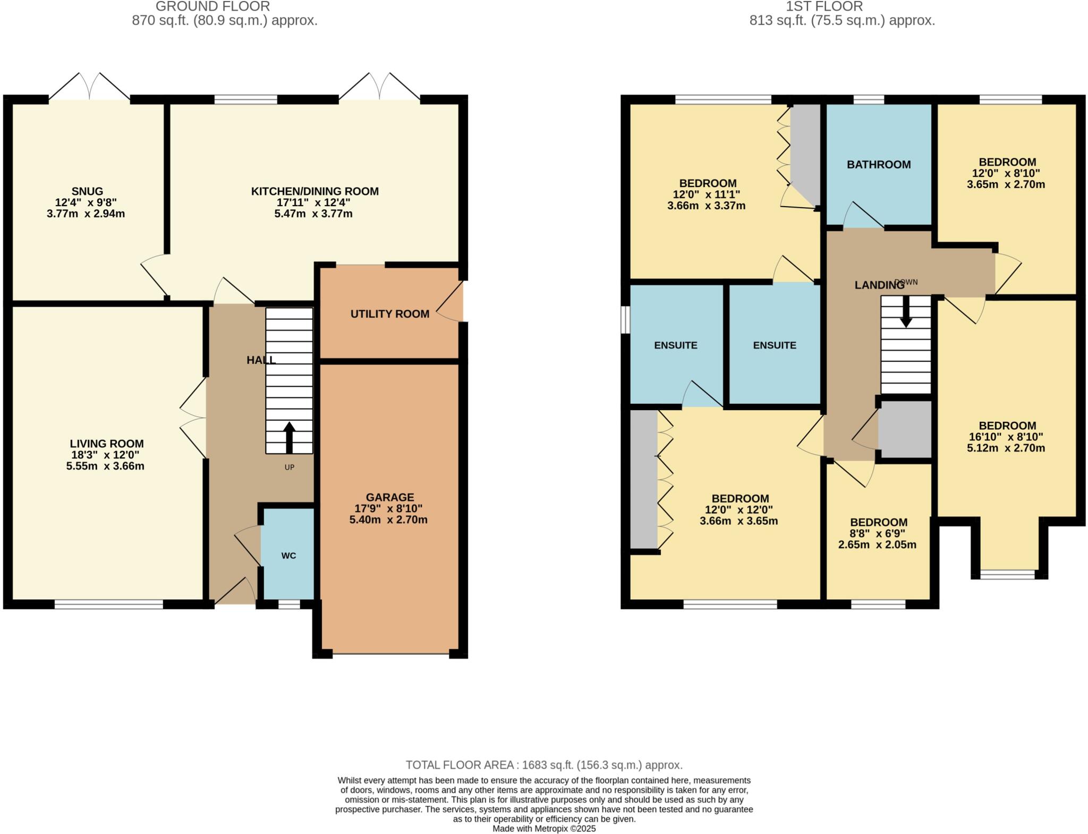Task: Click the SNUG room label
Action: [87, 191]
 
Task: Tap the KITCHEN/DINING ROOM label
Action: [314, 191]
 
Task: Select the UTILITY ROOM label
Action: [389, 314]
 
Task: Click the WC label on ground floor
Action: [288, 556]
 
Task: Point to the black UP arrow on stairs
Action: [289, 437]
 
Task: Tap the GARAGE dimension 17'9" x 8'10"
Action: [389, 508]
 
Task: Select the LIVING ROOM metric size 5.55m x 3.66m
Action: [105, 466]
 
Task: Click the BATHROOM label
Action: [879, 165]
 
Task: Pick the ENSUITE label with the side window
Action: [675, 345]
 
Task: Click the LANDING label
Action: [879, 285]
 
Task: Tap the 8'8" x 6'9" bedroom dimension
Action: [877, 533]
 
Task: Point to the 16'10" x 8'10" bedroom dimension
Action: [1007, 437]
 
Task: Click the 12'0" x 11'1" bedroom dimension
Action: [706, 194]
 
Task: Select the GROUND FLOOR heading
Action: [212, 6]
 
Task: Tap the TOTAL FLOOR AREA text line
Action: [544, 765]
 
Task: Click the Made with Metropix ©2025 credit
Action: [544, 829]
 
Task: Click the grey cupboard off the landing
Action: [905, 430]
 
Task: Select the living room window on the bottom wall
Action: [108, 604]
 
